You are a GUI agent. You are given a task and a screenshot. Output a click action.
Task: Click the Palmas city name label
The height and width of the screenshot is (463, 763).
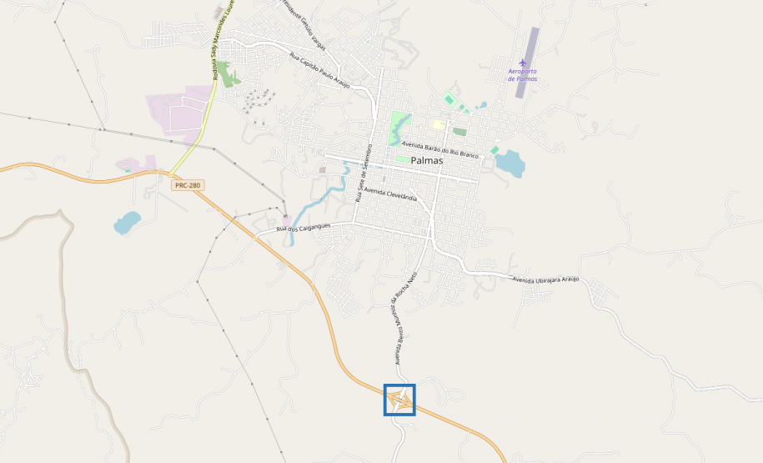[426, 160]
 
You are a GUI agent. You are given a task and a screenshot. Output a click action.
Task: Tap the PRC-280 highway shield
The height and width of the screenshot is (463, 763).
[188, 185]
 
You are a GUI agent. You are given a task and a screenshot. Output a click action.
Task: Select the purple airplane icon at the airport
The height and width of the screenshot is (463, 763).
[523, 63]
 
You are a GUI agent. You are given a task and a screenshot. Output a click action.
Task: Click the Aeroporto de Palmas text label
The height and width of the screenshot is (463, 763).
[523, 75]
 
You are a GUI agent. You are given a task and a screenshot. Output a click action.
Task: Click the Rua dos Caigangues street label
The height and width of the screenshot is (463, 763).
[304, 227]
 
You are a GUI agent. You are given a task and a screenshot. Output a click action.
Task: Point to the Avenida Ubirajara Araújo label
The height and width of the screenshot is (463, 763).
[545, 279]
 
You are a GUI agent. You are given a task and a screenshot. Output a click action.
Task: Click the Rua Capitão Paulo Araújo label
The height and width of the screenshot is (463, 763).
[319, 68]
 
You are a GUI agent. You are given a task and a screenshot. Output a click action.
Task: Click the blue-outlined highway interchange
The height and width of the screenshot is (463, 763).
[399, 400]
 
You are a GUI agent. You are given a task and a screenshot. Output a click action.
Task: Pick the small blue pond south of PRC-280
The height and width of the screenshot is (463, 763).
[127, 222]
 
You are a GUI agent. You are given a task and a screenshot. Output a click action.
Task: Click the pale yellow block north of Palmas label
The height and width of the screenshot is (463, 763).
[438, 124]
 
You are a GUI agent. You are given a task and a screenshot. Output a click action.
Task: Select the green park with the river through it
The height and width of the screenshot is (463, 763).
[400, 124]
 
